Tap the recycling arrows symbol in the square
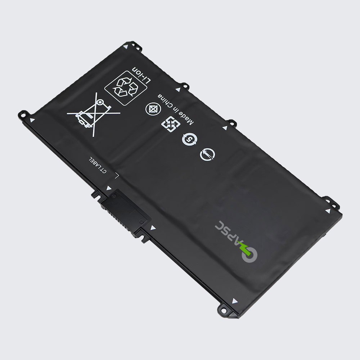pos(126,88)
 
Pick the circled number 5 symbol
pos(189,139)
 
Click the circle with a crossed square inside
pos(153,108)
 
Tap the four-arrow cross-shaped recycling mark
pos(171,124)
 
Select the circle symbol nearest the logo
pos(207,154)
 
